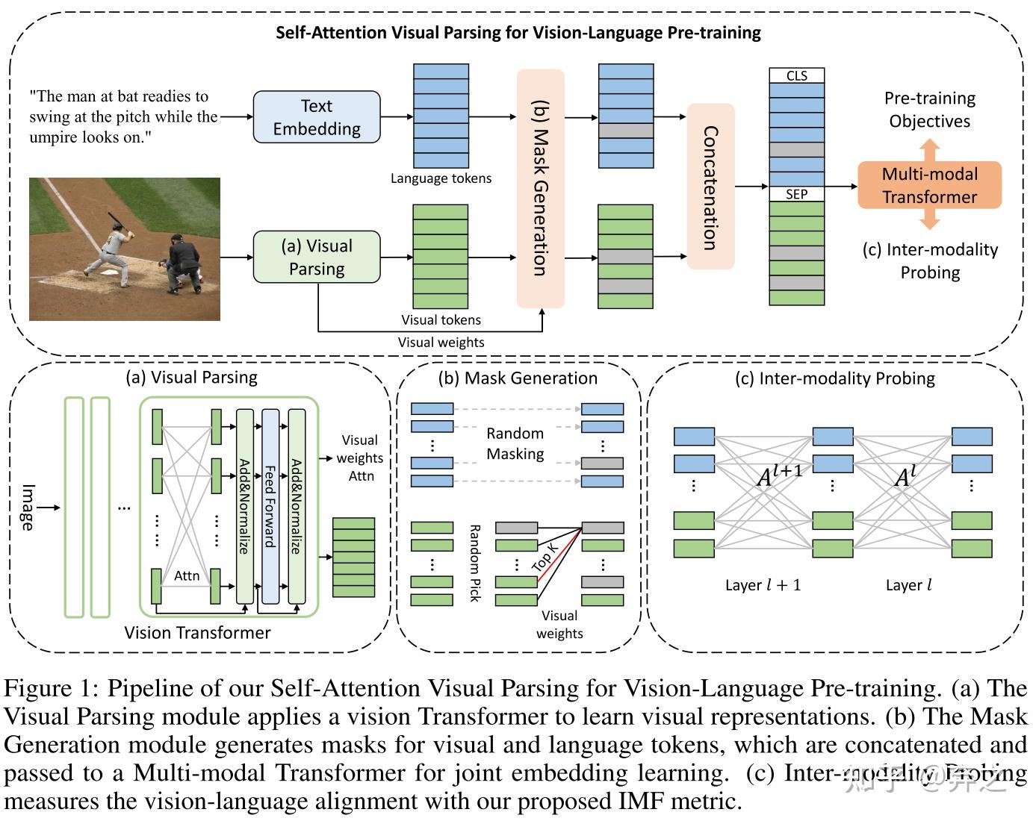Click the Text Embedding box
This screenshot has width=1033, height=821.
(x=317, y=117)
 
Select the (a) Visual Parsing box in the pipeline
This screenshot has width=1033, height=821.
(x=317, y=257)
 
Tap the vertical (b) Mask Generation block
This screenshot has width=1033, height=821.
(x=540, y=188)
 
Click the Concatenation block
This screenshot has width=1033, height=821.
(x=710, y=187)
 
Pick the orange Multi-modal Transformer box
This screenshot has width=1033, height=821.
(x=929, y=185)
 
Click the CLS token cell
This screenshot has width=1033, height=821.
(x=797, y=75)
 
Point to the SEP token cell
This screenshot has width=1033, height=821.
(x=797, y=194)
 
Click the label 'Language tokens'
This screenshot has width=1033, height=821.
(x=441, y=178)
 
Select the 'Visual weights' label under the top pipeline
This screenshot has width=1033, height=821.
(x=441, y=343)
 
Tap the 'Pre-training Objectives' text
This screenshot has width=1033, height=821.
(x=929, y=110)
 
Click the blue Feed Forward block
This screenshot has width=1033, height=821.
(x=270, y=505)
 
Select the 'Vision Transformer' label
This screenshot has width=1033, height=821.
(x=197, y=633)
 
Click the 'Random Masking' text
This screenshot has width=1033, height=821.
(x=515, y=443)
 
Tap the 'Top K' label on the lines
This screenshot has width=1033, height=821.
(x=545, y=558)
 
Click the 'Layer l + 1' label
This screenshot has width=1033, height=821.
(x=763, y=585)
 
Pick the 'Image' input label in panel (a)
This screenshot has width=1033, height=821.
(x=28, y=508)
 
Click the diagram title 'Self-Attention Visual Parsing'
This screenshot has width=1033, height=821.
(x=518, y=33)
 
